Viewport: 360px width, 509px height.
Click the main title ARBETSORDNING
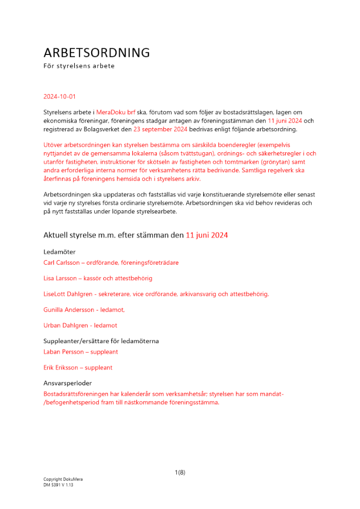[97, 53]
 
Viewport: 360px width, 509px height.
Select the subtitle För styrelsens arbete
[79, 66]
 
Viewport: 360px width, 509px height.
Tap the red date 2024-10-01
[60, 96]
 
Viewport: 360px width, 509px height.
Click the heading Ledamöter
[59, 252]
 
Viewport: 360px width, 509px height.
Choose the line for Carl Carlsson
[111, 263]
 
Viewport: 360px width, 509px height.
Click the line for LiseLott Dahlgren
[156, 294]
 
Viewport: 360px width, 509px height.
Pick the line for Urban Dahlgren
[80, 325]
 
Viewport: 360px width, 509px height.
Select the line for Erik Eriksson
[78, 367]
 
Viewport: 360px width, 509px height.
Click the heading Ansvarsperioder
[68, 383]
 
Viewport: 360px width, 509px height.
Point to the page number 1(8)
[180, 472]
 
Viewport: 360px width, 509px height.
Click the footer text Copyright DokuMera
[63, 479]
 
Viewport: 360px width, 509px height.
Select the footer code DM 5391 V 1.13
[59, 485]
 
